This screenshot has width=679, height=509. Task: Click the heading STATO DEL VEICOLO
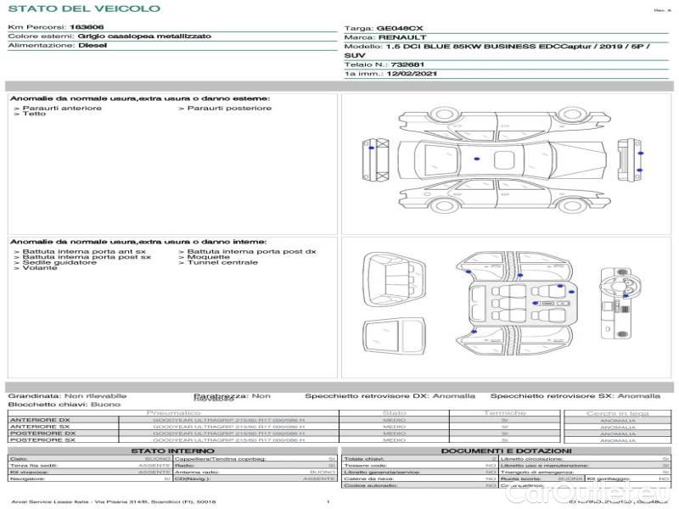(83, 8)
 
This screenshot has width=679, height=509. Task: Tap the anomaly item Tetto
(34, 114)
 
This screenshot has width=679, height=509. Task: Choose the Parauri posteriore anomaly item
(229, 108)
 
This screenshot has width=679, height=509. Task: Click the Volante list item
(40, 268)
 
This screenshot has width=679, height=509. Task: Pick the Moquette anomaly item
(209, 257)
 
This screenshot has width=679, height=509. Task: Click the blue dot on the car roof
(478, 159)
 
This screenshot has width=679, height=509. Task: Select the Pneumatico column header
(179, 413)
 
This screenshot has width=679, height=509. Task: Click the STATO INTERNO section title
(172, 450)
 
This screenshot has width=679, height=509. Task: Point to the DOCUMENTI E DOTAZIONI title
(505, 450)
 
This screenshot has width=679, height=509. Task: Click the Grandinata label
(34, 395)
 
